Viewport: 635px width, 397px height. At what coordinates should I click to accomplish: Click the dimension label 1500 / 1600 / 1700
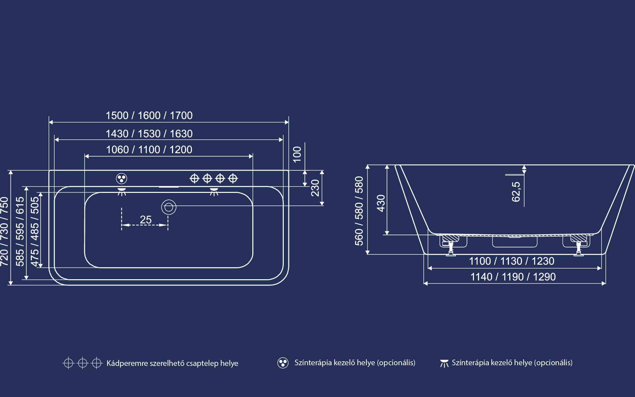tap(149, 115)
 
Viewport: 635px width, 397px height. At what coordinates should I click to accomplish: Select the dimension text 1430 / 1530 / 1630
tap(149, 134)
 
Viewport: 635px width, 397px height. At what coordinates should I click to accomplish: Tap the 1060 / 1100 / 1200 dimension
tap(149, 150)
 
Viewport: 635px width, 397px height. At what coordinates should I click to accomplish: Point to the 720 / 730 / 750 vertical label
tap(4, 231)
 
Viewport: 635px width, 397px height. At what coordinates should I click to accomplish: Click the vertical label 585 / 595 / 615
tap(20, 231)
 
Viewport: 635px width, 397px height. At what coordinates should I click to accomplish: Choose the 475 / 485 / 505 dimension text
tap(34, 231)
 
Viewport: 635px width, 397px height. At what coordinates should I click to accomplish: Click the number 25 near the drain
tap(146, 219)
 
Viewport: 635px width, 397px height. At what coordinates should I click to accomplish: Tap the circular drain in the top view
tap(169, 207)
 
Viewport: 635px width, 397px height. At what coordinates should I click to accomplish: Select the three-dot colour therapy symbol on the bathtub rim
tap(122, 179)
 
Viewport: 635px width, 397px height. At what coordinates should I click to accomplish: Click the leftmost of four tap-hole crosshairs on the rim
tap(194, 179)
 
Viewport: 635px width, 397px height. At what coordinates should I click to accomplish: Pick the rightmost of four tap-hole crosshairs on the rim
tap(233, 179)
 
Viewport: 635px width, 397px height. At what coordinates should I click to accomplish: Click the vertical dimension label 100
tap(297, 154)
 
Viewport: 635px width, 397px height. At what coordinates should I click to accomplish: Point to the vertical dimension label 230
tap(315, 188)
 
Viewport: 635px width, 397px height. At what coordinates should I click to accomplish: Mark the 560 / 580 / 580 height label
tap(359, 211)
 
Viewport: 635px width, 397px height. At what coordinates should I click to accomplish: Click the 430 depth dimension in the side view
tap(381, 203)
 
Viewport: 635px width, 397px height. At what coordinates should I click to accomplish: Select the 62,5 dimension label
tap(516, 192)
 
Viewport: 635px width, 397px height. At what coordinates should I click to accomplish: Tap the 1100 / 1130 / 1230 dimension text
tap(512, 261)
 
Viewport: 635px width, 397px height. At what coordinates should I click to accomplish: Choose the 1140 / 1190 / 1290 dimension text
tap(513, 277)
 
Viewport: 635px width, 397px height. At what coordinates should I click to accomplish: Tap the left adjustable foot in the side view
tap(450, 248)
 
